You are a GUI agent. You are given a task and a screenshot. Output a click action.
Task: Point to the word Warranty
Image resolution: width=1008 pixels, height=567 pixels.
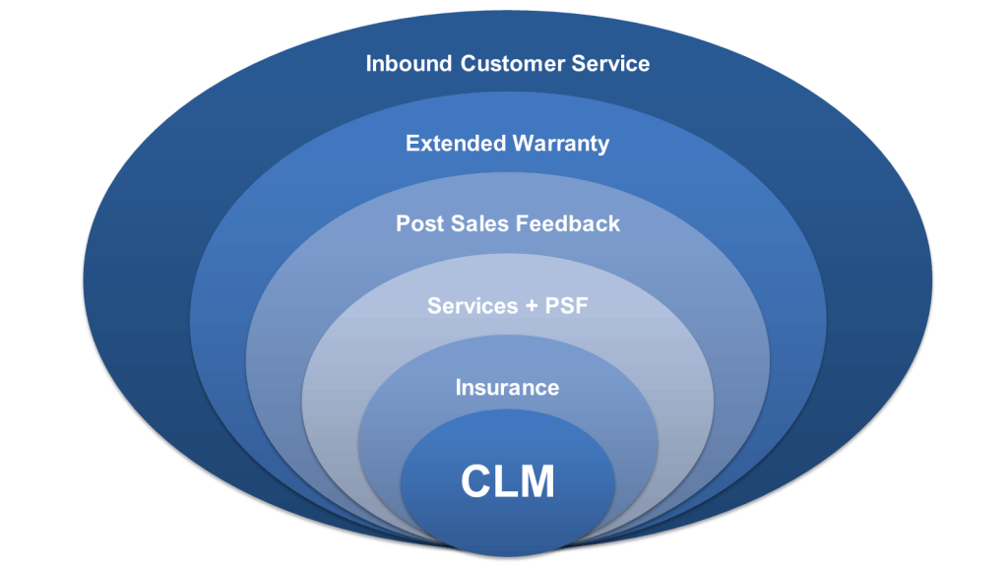click(560, 144)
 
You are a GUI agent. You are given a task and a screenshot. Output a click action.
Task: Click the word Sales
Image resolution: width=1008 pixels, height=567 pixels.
click(476, 223)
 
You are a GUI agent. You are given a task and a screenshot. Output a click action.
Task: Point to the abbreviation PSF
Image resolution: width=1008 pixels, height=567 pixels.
click(568, 306)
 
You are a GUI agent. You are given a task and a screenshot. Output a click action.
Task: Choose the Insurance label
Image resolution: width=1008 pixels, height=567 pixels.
click(507, 388)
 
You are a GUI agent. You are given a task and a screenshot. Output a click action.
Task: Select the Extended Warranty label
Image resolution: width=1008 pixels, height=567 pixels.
click(508, 144)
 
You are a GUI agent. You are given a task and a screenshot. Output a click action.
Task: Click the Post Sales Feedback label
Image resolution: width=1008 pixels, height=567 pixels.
click(508, 223)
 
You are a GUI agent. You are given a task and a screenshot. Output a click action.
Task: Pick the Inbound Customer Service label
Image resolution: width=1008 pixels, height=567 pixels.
click(508, 64)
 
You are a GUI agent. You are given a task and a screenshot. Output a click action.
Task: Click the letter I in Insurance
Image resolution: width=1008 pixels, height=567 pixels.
click(459, 388)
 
